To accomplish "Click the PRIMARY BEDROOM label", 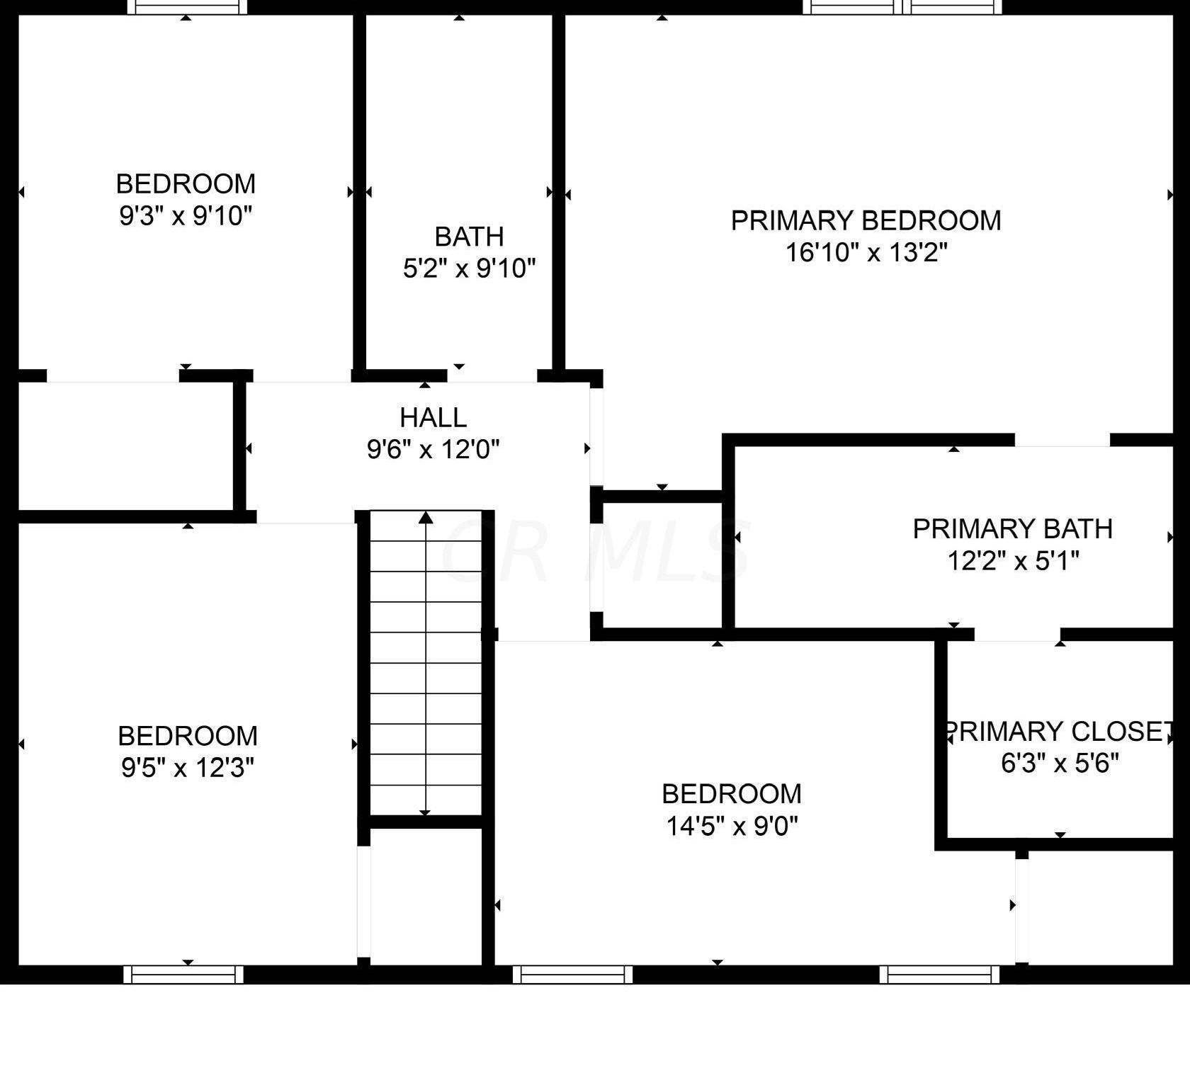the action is click(x=866, y=220).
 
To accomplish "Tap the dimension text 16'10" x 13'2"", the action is click(x=866, y=252).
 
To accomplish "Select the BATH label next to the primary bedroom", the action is click(x=469, y=236).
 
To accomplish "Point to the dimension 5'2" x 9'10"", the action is click(x=469, y=268).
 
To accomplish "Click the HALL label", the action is click(x=433, y=417).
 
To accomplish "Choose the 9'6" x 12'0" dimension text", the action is click(x=433, y=449).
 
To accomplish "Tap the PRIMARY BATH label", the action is click(x=1012, y=529).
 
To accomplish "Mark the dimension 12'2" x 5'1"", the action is click(x=1013, y=561).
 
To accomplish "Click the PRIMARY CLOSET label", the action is click(x=1058, y=731).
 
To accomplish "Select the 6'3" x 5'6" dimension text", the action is click(x=1060, y=763).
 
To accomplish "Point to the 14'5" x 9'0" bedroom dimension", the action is click(x=732, y=826).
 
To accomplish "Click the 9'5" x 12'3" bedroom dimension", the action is click(x=187, y=768).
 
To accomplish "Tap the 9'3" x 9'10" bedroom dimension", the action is click(x=186, y=215).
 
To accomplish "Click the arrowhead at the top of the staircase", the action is click(x=426, y=517).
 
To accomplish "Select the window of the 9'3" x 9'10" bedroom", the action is click(x=187, y=7).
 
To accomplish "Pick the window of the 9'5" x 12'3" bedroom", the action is click(x=183, y=975).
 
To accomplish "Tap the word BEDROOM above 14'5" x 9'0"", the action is click(x=732, y=794).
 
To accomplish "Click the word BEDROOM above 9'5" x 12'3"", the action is click(x=187, y=736).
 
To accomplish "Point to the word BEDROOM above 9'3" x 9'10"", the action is click(x=186, y=183).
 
